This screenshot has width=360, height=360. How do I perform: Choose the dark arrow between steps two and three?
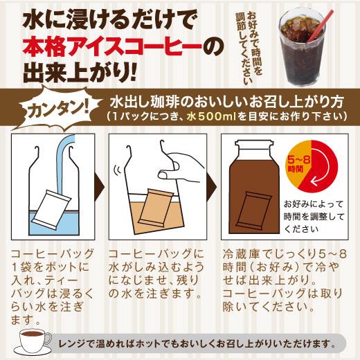(x=213, y=187)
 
